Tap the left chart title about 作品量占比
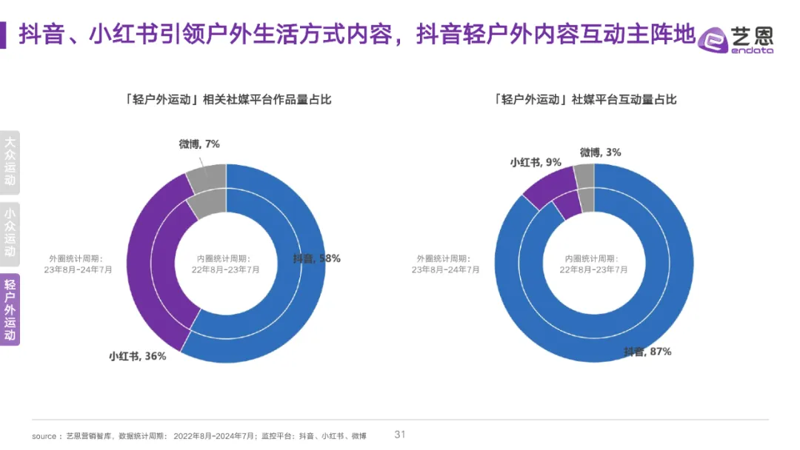228,99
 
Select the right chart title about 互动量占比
585,99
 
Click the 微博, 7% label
199,144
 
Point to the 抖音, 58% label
316,258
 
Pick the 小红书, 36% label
138,356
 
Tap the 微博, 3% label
600,152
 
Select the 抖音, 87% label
647,352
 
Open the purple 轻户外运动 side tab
10,309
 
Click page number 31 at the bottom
400,434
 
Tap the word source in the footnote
44,436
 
